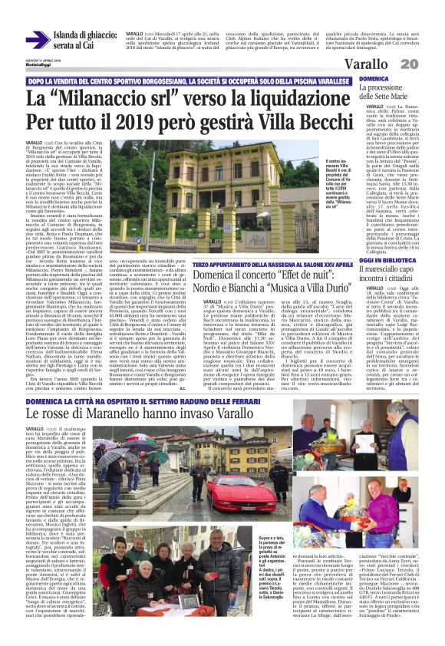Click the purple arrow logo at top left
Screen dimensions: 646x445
(x=36, y=39)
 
